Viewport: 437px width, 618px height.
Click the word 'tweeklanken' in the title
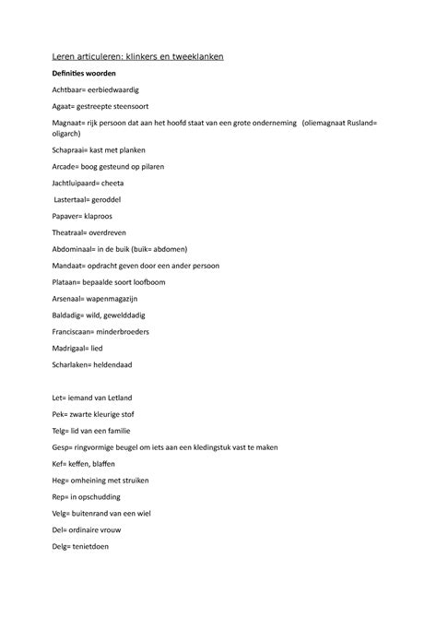coord(192,57)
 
